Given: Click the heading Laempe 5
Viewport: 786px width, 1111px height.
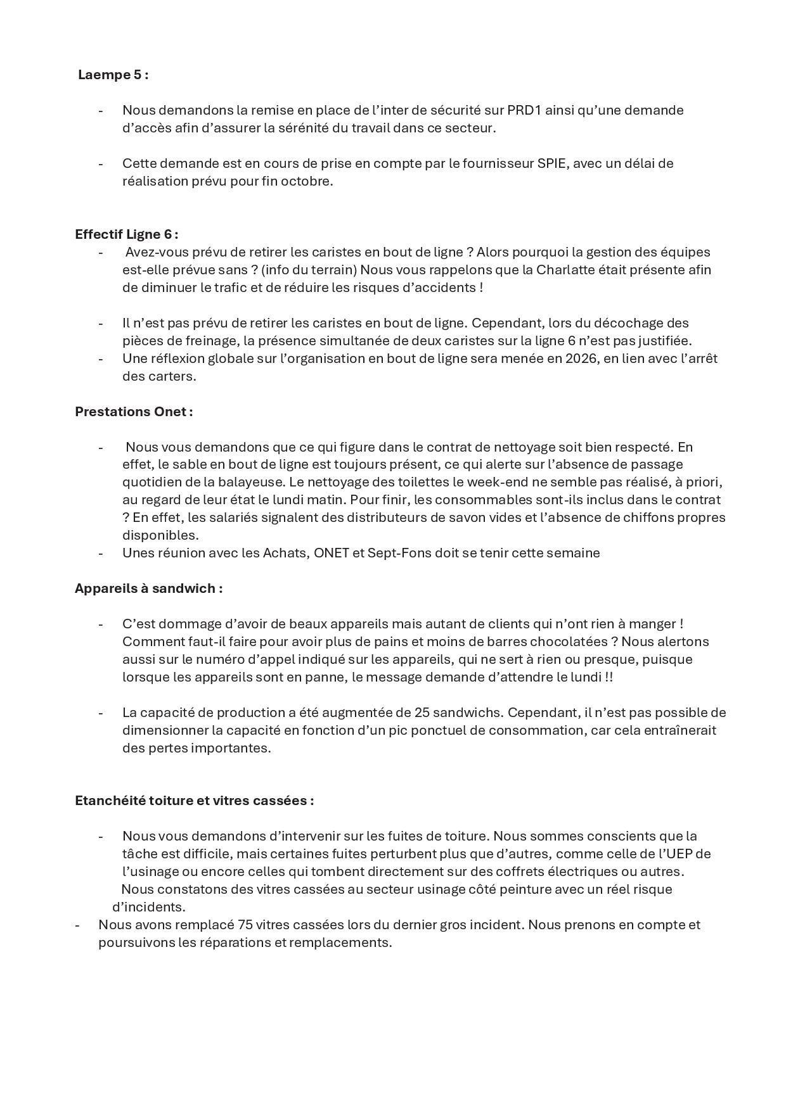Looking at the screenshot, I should pyautogui.click(x=113, y=75).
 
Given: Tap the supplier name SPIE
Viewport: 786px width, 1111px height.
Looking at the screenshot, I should pyautogui.click(x=551, y=163).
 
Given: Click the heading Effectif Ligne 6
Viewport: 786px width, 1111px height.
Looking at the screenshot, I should pyautogui.click(x=126, y=234).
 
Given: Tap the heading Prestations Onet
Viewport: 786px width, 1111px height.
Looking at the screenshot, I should pyautogui.click(x=134, y=412).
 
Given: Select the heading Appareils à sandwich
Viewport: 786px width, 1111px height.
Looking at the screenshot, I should pyautogui.click(x=148, y=588).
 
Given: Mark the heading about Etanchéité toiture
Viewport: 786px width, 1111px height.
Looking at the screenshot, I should pyautogui.click(x=194, y=801).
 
